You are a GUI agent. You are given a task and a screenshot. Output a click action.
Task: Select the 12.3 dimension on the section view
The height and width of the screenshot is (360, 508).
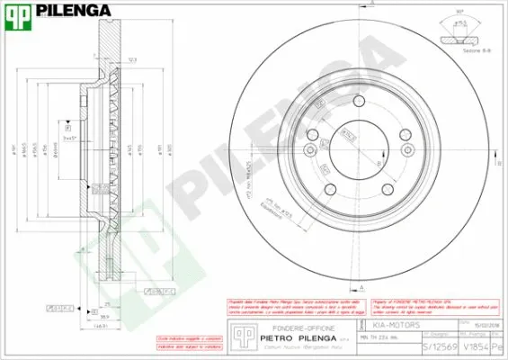[133, 59]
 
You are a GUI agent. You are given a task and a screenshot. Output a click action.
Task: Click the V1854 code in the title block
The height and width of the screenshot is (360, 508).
[477, 347]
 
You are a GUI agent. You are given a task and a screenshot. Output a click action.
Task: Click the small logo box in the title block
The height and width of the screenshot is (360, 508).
[241, 334]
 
